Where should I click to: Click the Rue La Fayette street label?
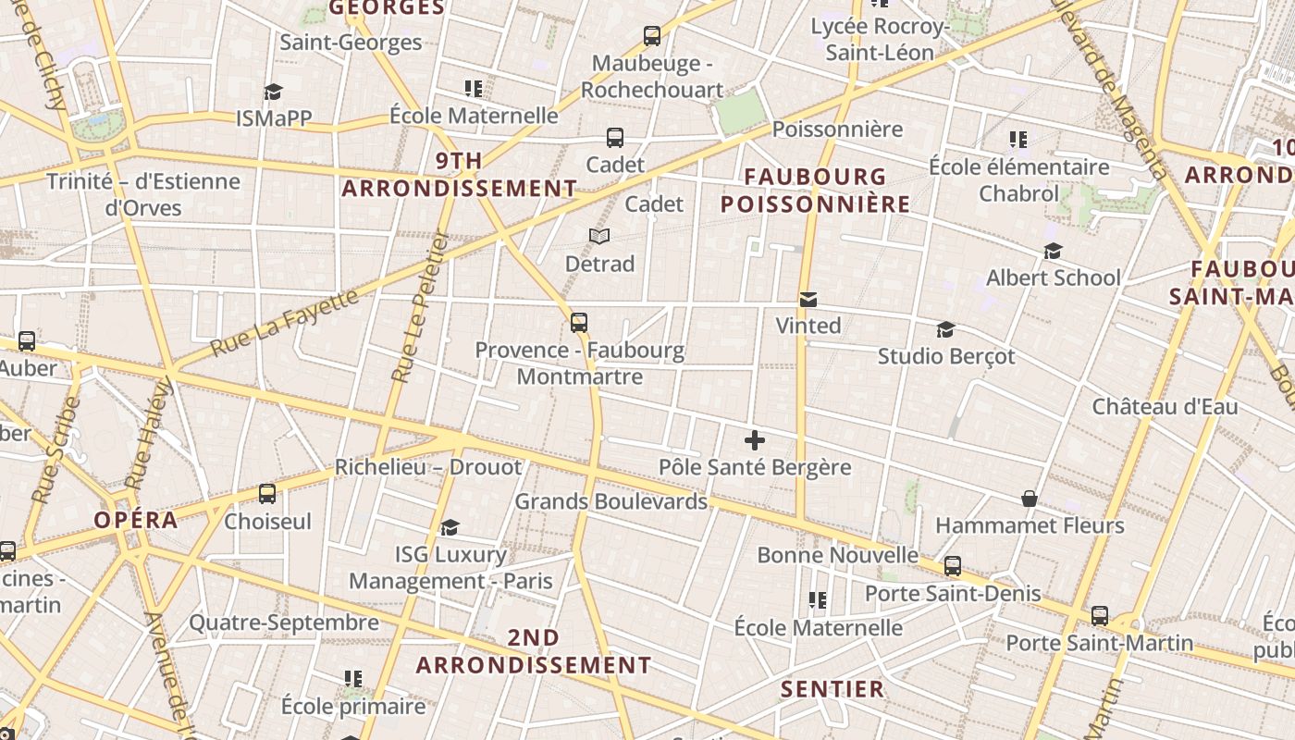coord(285,323)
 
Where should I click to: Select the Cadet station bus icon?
coord(615,138)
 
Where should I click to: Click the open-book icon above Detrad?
coord(599,236)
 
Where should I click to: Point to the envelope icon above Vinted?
coord(808,299)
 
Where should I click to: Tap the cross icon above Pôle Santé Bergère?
coord(755,440)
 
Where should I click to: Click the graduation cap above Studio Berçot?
coord(945,329)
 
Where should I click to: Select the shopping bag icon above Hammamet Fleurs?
coord(1030,499)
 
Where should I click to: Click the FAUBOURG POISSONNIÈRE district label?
coord(815,190)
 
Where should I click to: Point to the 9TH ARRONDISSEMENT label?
coord(460,175)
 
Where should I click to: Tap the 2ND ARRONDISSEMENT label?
coord(534,651)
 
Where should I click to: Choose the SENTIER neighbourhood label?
coord(832,689)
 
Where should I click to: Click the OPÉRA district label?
coord(135,520)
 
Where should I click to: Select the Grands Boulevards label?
coord(610,501)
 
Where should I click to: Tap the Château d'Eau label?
coord(1165,406)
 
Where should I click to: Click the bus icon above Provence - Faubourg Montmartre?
coord(579,323)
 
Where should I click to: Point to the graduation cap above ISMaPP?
coord(273,92)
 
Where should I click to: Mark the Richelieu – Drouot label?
coord(428,467)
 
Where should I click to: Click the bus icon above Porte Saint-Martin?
coord(1099,615)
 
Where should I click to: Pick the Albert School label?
coord(1053,277)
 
